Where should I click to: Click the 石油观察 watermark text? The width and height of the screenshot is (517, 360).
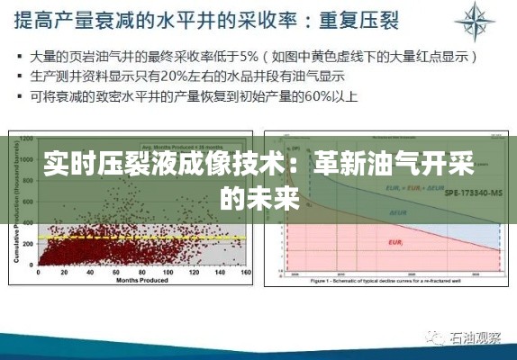click(477, 337)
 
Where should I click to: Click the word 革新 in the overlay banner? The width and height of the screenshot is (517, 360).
click(334, 165)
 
